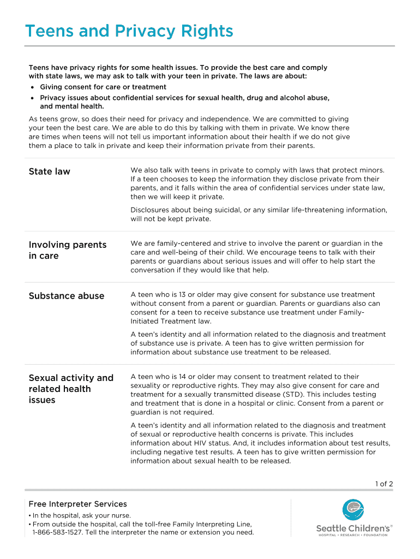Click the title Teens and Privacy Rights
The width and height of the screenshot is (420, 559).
(x=129, y=31)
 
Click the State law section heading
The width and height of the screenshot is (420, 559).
(x=49, y=171)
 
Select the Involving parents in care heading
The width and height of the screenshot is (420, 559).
(x=67, y=250)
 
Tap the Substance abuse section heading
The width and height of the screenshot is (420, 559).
(x=66, y=296)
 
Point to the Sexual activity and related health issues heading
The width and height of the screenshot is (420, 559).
(x=71, y=389)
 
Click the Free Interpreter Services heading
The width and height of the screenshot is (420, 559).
(x=77, y=504)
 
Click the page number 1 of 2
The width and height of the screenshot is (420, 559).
(x=383, y=484)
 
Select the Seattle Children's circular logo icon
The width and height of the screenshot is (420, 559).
(x=353, y=510)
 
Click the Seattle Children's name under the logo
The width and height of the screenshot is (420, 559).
(x=354, y=528)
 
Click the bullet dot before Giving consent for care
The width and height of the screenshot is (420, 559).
(x=34, y=87)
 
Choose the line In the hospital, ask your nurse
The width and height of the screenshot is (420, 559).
(x=81, y=515)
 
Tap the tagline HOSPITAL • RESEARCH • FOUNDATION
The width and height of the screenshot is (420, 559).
(x=353, y=535)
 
